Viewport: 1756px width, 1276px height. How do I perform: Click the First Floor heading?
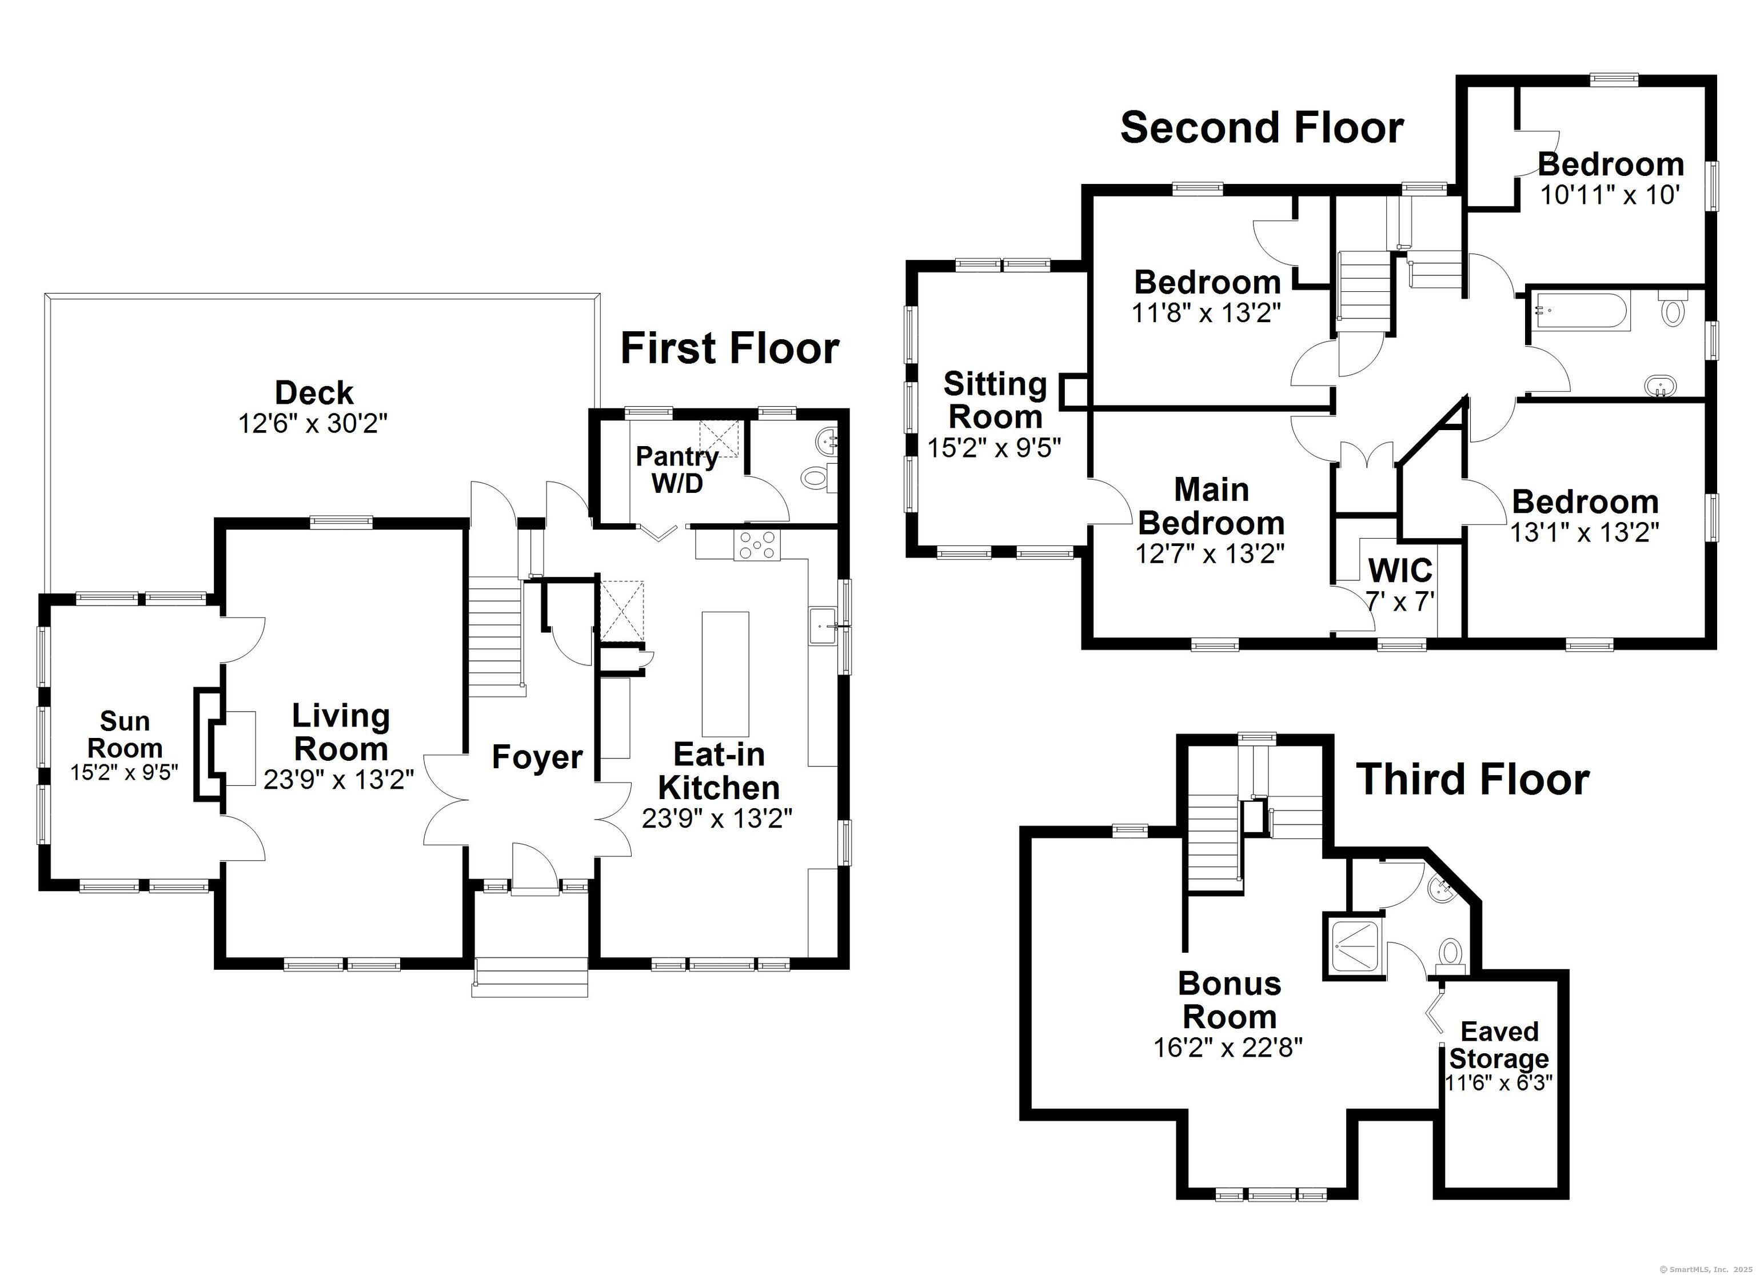tap(729, 348)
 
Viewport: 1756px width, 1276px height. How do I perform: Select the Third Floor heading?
tap(1472, 779)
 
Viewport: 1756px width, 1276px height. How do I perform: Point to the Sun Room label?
tap(125, 735)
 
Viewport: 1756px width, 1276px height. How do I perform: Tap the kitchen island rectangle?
tap(725, 674)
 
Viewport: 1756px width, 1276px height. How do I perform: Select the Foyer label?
tap(537, 757)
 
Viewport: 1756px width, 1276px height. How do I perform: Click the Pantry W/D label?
tap(677, 470)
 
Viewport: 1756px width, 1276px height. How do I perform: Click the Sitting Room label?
tap(995, 400)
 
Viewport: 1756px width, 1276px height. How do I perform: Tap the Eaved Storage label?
tap(1499, 1045)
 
